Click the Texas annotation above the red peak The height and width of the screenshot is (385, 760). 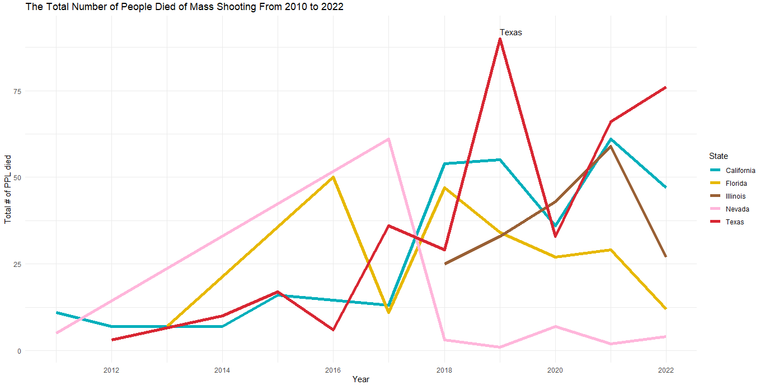510,32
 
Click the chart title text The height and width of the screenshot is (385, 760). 184,7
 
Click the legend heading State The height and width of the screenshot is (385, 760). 718,156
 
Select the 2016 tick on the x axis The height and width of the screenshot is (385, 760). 333,370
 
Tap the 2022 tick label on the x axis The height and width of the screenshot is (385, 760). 665,370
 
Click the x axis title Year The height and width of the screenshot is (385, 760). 360,379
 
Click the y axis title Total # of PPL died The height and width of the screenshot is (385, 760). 8,189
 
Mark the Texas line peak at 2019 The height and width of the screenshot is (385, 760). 500,39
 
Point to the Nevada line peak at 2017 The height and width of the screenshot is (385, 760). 388,139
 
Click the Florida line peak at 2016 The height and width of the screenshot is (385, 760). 333,177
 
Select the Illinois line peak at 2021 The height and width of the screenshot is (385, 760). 611,147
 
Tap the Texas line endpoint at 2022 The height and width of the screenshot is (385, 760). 665,87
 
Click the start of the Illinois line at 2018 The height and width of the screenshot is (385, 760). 445,264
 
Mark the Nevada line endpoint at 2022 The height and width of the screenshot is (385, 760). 665,336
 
